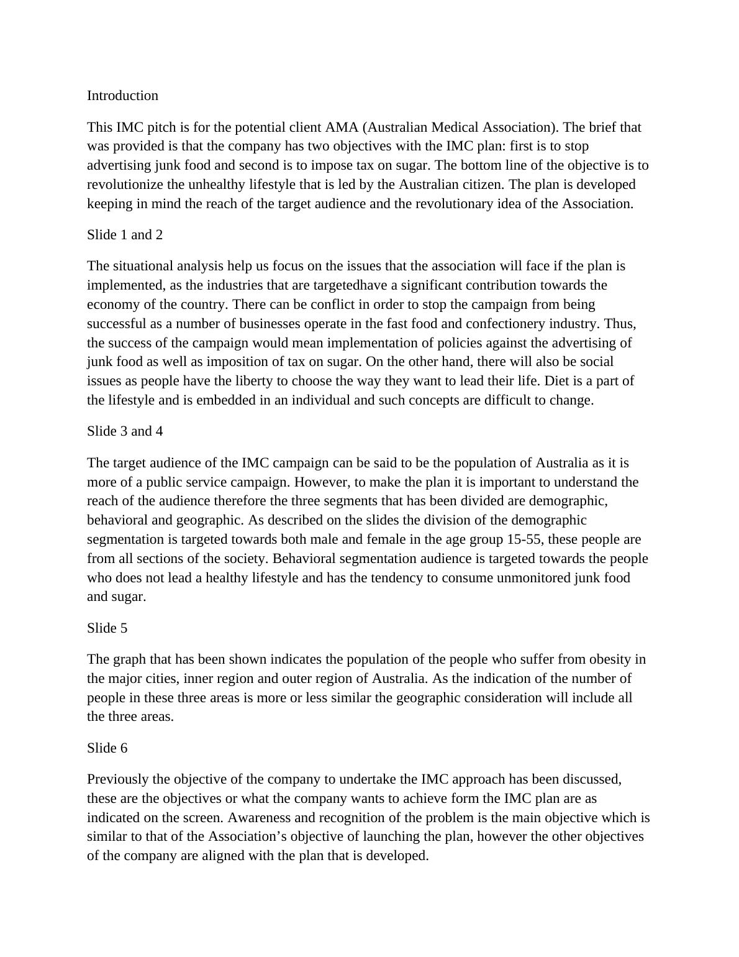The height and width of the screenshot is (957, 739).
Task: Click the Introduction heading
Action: [x=122, y=96]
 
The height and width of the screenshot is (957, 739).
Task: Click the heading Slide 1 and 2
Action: [x=125, y=235]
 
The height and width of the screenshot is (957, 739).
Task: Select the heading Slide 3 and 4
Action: [x=125, y=431]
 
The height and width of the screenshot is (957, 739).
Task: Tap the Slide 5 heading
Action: [x=107, y=628]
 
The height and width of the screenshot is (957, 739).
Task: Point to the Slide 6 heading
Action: [x=107, y=748]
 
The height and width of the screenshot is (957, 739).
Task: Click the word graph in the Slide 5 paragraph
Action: [x=127, y=659]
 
